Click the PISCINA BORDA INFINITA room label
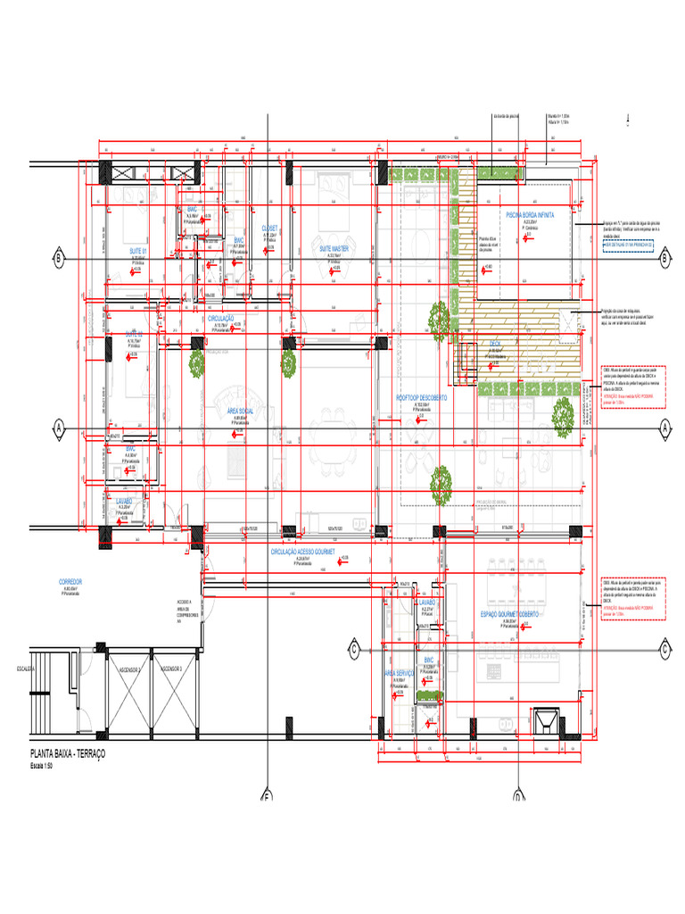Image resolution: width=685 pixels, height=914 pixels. click(x=530, y=215)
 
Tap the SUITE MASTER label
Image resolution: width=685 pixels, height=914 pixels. click(x=334, y=248)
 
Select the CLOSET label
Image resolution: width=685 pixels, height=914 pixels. click(x=269, y=228)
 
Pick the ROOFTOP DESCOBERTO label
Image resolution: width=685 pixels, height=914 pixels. click(x=422, y=398)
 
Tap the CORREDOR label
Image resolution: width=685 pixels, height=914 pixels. click(x=70, y=581)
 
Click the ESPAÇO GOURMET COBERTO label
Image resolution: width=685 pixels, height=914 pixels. click(x=513, y=615)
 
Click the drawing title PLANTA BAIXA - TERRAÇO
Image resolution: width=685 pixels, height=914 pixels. click(x=68, y=755)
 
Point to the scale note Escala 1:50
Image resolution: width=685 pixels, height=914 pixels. click(x=44, y=766)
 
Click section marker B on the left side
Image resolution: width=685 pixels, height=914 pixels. click(x=59, y=259)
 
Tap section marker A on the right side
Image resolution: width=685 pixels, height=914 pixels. click(x=664, y=428)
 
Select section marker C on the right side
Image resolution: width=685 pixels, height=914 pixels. click(x=664, y=648)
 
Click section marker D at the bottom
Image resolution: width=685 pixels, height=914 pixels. click(x=517, y=797)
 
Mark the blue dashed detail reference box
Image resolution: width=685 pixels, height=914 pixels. click(x=633, y=241)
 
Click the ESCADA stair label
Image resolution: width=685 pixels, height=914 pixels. click(x=25, y=668)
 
